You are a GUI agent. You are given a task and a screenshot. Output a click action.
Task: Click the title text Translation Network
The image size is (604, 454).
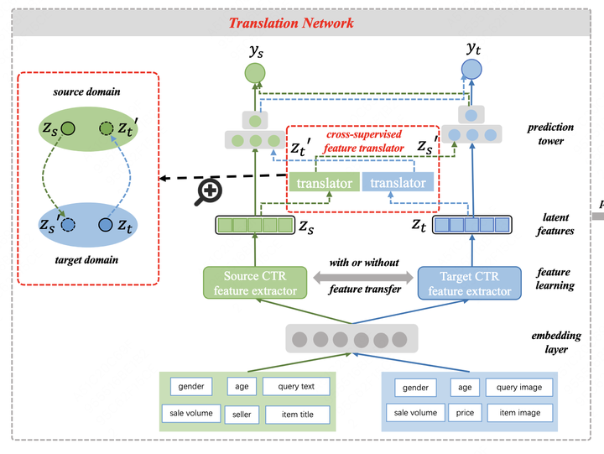tap(291, 23)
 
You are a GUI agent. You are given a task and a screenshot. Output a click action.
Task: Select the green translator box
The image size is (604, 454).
tap(323, 183)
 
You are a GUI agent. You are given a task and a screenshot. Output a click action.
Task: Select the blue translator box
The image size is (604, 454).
tap(398, 183)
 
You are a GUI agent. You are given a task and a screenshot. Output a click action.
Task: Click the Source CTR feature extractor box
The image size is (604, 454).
tap(254, 283)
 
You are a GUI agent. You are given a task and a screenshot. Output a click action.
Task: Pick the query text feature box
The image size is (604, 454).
tap(296, 387)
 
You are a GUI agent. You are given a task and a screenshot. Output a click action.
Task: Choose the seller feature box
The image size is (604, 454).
tap(241, 414)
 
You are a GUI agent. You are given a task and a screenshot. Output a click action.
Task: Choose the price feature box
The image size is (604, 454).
tap(466, 413)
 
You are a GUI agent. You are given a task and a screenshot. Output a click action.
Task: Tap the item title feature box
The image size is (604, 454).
tap(296, 415)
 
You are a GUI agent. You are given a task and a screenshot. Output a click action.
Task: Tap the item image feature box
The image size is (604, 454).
tap(519, 413)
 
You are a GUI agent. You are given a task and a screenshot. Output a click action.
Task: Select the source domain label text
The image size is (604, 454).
tap(87, 91)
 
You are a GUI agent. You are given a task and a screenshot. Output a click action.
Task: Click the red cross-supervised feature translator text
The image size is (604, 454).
tap(363, 140)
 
